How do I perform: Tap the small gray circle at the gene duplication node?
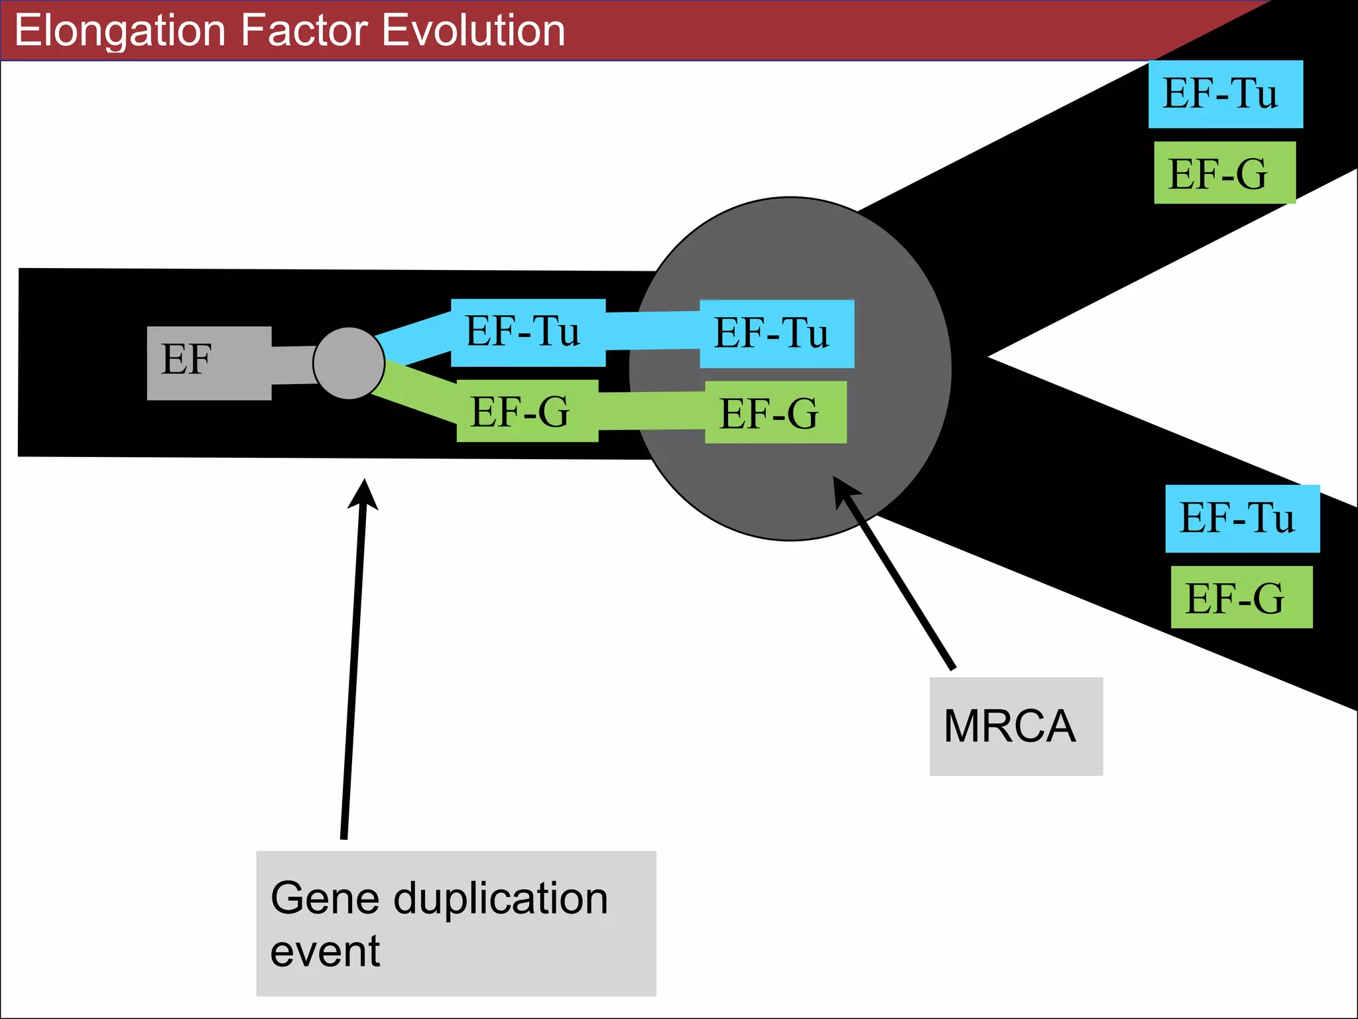[x=349, y=363]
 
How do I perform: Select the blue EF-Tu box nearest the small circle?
[x=528, y=332]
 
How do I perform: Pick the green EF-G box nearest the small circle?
[x=527, y=411]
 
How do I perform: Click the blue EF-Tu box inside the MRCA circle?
[x=776, y=334]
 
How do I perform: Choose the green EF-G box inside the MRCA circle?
[x=775, y=413]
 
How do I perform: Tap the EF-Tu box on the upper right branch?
[x=1225, y=94]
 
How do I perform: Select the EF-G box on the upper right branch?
[x=1224, y=172]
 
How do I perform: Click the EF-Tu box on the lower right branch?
[x=1242, y=519]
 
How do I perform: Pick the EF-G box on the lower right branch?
[x=1241, y=597]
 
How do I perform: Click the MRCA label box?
[x=1015, y=726]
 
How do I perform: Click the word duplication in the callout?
[x=501, y=899]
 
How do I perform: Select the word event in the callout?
[x=325, y=952]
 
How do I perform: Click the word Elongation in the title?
[x=120, y=31]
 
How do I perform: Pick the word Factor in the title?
[x=304, y=31]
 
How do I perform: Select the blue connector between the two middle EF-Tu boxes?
[x=652, y=330]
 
